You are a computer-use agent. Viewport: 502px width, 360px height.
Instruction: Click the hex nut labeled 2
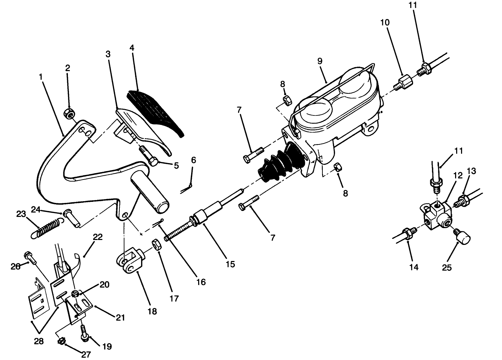(69, 113)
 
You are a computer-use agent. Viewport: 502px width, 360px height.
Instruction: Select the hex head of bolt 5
(153, 162)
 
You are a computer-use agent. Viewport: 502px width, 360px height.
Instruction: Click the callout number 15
(230, 264)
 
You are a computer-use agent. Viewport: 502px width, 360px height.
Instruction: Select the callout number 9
(320, 61)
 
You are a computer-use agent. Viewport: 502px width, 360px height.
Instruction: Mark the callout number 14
(414, 267)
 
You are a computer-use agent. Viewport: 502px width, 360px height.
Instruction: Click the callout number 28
(39, 341)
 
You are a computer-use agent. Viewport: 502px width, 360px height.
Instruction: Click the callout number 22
(98, 237)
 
